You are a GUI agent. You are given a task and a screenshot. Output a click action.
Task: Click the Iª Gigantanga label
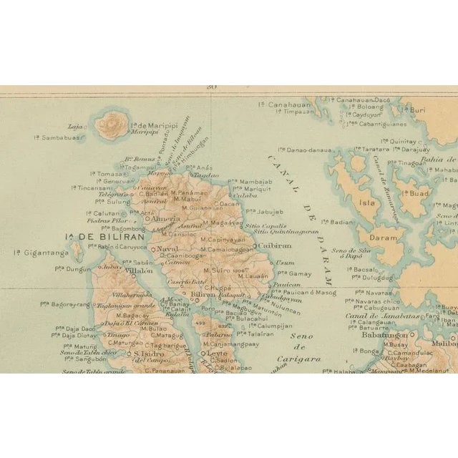pos(42,253)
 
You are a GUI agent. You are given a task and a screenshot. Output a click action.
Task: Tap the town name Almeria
pos(166,219)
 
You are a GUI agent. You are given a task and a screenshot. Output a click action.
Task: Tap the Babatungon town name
pos(384,335)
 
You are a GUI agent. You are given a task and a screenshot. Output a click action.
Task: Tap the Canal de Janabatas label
pos(371,316)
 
